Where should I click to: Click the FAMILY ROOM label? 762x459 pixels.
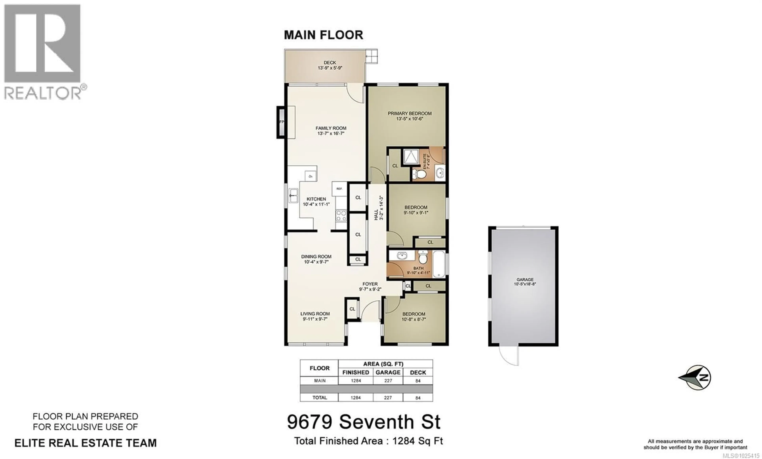331,131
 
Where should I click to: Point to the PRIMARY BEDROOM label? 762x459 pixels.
409,116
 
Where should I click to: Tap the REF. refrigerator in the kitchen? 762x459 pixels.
339,188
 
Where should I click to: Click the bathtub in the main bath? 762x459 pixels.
439,264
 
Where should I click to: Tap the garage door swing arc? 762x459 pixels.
508,355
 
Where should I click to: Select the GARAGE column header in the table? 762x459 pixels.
388,372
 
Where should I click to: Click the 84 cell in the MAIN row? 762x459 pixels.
418,381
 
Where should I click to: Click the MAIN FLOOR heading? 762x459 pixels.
323,35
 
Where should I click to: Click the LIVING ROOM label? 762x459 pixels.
315,316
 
